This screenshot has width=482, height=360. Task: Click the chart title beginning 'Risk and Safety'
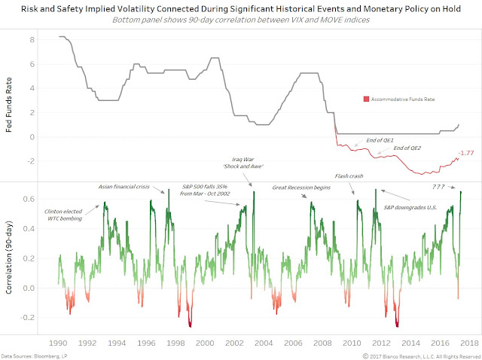coord(240,9)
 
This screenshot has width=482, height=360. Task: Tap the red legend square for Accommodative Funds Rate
coord(365,99)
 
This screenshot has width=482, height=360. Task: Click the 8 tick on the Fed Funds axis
coord(33,39)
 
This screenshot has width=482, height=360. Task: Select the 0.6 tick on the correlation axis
coord(30,199)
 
